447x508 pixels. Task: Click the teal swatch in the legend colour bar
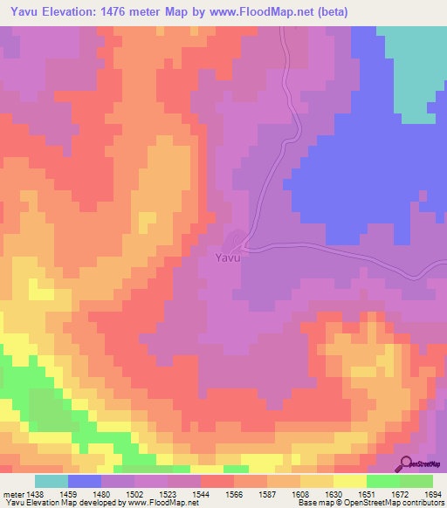pyautogui.click(x=52, y=481)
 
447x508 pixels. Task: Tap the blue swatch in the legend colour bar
pyautogui.click(x=85, y=481)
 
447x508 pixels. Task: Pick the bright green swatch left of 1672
pyautogui.click(x=382, y=481)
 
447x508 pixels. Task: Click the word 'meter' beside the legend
pyautogui.click(x=13, y=493)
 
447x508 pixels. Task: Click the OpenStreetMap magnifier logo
pyautogui.click(x=405, y=463)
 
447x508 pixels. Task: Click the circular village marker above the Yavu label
pyautogui.click(x=236, y=238)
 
